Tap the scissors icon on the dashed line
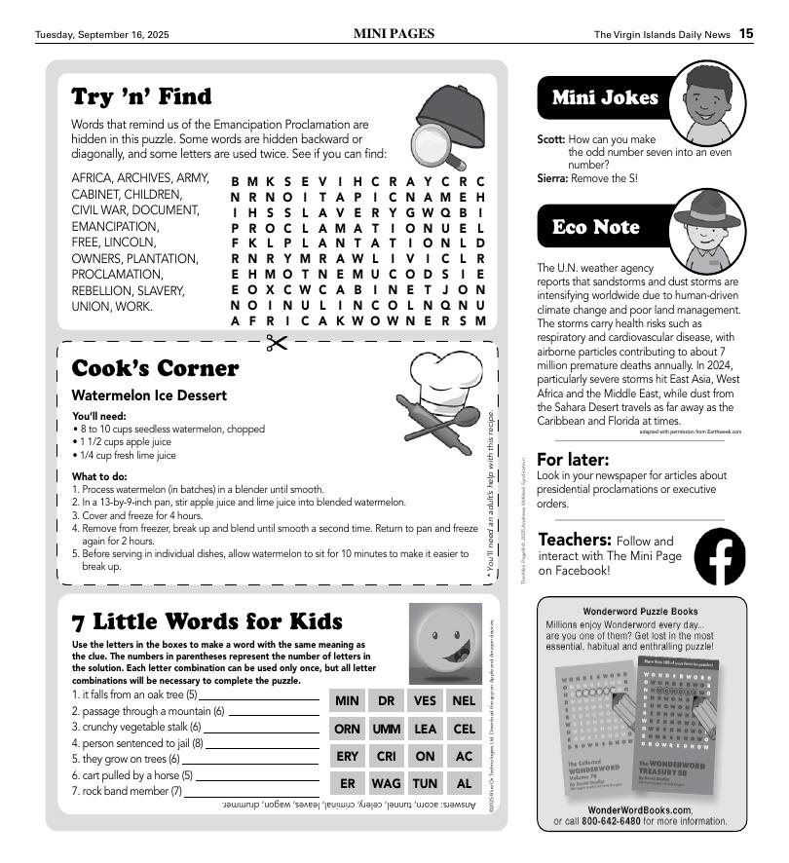pyautogui.click(x=277, y=342)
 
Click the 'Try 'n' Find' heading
pyautogui.click(x=141, y=96)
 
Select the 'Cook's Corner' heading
pyautogui.click(x=155, y=368)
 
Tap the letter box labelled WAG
pyautogui.click(x=386, y=783)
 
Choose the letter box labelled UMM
pyautogui.click(x=386, y=729)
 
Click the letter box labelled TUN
pyautogui.click(x=425, y=783)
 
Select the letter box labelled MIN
pyautogui.click(x=347, y=701)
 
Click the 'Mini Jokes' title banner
pyautogui.click(x=605, y=97)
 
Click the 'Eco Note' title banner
pyautogui.click(x=596, y=227)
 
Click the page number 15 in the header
pyautogui.click(x=745, y=34)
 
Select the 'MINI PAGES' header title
pyautogui.click(x=394, y=34)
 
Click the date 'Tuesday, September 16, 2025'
pyautogui.click(x=102, y=35)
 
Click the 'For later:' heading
pyautogui.click(x=574, y=459)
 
